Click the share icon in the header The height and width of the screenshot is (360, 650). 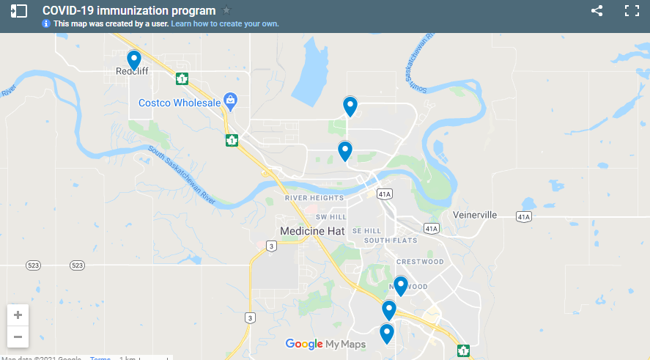pyautogui.click(x=597, y=11)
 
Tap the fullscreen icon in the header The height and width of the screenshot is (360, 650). pyautogui.click(x=632, y=11)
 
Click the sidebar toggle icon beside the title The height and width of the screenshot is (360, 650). pyautogui.click(x=19, y=11)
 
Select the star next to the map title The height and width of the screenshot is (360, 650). pyautogui.click(x=226, y=10)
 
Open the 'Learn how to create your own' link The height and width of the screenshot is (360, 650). pyautogui.click(x=225, y=23)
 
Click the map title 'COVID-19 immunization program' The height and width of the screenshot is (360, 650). pyautogui.click(x=129, y=10)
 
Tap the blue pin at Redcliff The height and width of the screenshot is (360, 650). pyautogui.click(x=134, y=59)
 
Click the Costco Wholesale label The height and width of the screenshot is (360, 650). pyautogui.click(x=180, y=103)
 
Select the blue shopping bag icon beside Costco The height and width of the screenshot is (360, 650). pyautogui.click(x=230, y=99)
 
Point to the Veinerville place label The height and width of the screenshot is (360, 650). pyautogui.click(x=475, y=215)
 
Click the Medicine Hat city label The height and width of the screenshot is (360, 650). pyautogui.click(x=312, y=231)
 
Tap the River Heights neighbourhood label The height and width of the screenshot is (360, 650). pyautogui.click(x=314, y=198)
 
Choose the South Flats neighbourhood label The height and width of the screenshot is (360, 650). pyautogui.click(x=391, y=240)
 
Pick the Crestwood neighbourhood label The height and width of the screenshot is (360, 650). pyautogui.click(x=420, y=262)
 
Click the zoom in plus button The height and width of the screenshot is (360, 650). pyautogui.click(x=18, y=315)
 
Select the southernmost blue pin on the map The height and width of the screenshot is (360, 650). pyautogui.click(x=386, y=334)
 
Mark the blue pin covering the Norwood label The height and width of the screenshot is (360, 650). pyautogui.click(x=400, y=285)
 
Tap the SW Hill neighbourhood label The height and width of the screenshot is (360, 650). pyautogui.click(x=330, y=218)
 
